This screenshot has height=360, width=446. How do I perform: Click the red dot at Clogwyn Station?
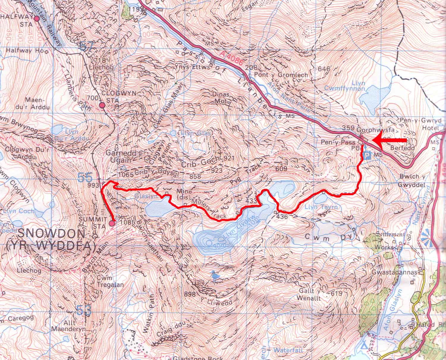(x=102, y=105)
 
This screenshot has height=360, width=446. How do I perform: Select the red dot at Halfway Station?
(x=37, y=19)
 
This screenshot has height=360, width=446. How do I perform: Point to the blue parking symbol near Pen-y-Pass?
(x=367, y=155)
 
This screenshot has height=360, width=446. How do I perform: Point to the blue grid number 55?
(x=84, y=178)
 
